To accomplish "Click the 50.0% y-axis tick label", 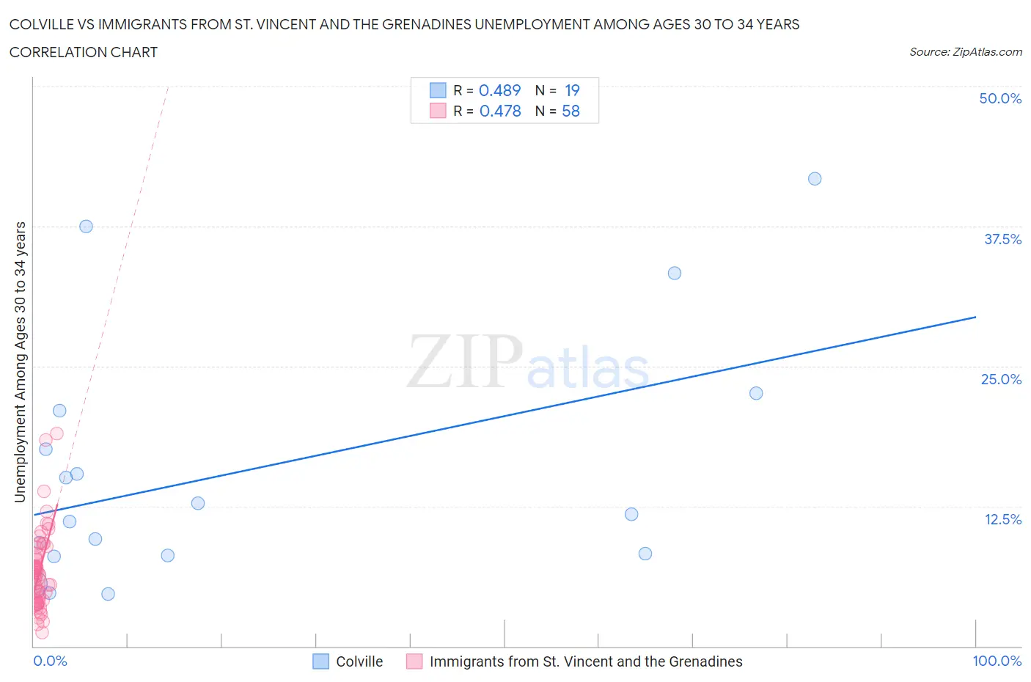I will point(1000,99).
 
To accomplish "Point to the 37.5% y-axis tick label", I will point(1002,240).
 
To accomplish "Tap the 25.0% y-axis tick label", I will point(1001,380).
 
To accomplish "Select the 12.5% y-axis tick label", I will point(1002,520).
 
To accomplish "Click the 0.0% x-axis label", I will point(50,661).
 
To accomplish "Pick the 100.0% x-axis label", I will point(997,661).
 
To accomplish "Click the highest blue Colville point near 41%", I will point(815,179).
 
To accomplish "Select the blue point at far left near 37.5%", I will point(86,227).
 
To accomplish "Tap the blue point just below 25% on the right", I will point(756,393).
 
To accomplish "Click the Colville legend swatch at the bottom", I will point(321,661).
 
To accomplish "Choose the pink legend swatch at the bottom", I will point(414,661).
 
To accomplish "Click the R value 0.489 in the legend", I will point(499,90).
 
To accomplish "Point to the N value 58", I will point(570,111).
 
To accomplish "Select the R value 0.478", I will point(500,111).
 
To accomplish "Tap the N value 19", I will point(572,90).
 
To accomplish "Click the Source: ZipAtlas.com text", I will point(965,52).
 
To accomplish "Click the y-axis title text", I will point(21,362).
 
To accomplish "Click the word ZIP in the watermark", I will point(465,362).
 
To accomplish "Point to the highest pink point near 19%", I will point(56,433).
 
